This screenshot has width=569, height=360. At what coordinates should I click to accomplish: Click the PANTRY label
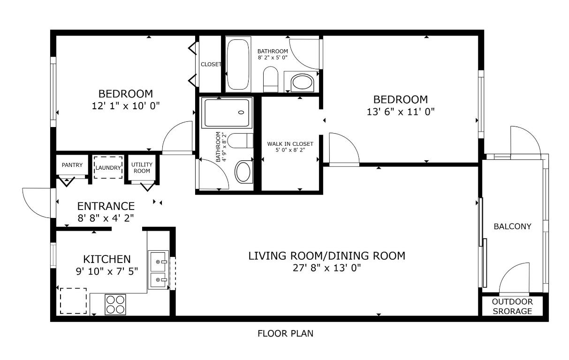tap(72, 165)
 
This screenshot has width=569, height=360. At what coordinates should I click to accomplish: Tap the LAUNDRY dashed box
tap(108, 167)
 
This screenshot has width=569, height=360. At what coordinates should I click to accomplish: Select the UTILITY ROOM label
tap(141, 167)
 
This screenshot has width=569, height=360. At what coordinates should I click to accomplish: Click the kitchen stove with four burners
tap(115, 304)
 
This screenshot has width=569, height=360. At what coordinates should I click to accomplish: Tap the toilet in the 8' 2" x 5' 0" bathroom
tap(270, 80)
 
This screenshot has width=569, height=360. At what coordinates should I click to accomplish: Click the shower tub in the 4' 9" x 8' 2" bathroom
tap(227, 112)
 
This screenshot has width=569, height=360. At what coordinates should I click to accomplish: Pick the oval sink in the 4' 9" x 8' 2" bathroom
tap(243, 172)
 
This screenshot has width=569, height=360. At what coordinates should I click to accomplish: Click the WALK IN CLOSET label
tap(290, 144)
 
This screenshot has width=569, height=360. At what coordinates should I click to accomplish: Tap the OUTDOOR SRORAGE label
tap(512, 307)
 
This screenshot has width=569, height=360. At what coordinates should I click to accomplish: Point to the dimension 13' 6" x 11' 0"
tap(401, 112)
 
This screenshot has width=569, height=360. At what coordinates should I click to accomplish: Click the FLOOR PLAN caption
tap(285, 334)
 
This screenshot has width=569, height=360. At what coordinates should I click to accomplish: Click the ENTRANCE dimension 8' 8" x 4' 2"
tap(106, 217)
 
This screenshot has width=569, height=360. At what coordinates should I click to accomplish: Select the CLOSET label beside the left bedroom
tap(211, 64)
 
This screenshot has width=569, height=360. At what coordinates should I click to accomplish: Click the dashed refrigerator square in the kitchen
tap(73, 301)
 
